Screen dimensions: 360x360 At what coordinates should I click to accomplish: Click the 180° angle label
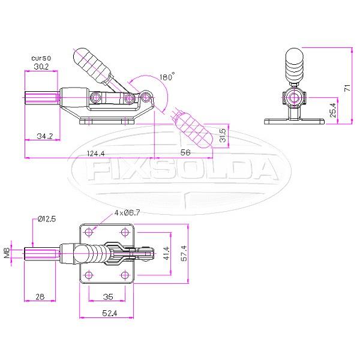coord(167,77)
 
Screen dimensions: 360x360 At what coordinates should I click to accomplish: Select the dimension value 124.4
coord(94,153)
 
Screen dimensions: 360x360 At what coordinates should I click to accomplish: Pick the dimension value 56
coord(185,153)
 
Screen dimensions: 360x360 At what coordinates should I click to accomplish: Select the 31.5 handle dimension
coord(223,136)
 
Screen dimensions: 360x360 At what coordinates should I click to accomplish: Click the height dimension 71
coord(346,87)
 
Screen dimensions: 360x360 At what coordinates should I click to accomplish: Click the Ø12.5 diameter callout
coord(46,219)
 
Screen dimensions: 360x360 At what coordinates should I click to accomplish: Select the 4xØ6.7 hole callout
coord(127,212)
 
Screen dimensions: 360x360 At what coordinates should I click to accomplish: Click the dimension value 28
coord(40,297)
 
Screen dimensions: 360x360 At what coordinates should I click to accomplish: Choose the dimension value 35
coord(107,297)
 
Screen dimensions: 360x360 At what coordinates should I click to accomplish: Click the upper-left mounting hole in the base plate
coord(89,232)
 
